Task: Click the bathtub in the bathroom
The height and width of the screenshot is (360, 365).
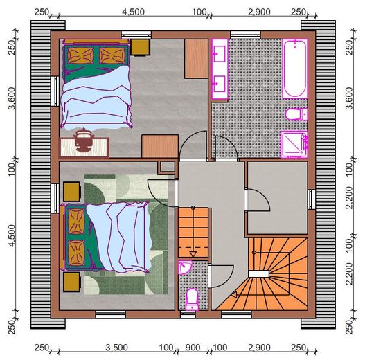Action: (x=295, y=69)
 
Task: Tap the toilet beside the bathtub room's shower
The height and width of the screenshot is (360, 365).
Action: (x=296, y=114)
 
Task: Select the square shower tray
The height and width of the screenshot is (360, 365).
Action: (x=294, y=145)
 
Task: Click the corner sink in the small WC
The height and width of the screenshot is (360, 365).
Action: (x=185, y=267)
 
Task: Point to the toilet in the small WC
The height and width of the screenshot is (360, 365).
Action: (x=193, y=299)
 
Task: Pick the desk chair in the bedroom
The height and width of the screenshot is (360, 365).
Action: (x=83, y=140)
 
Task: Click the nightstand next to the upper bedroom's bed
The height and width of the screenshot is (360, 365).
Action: (x=140, y=47)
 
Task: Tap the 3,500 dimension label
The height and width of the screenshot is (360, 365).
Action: (x=116, y=348)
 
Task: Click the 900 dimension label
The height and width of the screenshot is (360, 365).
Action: (x=193, y=348)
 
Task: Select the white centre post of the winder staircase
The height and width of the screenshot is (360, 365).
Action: (x=258, y=274)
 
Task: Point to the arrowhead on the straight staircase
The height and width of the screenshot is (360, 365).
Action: (x=193, y=254)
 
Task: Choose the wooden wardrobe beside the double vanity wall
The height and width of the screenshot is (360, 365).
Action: (x=196, y=59)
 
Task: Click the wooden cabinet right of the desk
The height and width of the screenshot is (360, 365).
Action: (x=160, y=146)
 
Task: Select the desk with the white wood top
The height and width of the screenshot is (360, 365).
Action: (x=84, y=147)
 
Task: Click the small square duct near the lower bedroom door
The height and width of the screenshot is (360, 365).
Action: (x=168, y=167)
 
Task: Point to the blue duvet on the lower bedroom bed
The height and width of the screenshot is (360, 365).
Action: (x=119, y=236)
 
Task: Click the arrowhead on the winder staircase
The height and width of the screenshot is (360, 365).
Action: (x=234, y=295)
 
